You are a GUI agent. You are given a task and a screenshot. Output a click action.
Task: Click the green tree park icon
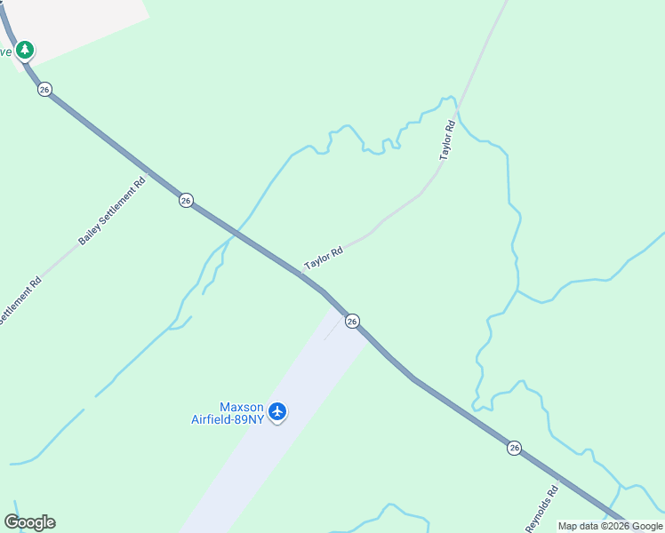coord(26,49)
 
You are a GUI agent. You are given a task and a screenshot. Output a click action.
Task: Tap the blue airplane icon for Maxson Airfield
coord(278,411)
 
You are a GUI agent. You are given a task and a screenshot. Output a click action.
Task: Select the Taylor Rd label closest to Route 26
coord(324,259)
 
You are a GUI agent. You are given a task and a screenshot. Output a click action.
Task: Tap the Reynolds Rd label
coord(542,508)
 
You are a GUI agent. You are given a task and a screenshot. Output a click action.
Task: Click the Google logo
coord(29,522)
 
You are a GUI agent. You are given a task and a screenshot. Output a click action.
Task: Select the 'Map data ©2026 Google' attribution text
coord(610,526)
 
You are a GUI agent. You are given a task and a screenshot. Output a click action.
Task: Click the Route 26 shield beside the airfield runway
coord(352,321)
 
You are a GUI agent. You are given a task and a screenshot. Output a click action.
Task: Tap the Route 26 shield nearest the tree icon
coord(44,89)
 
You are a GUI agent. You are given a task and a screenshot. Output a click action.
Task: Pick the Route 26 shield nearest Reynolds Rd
coord(515,448)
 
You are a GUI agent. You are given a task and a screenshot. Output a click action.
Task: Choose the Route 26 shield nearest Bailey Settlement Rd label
coord(185,201)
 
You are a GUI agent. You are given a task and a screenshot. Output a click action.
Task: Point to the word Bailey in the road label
coord(90,234)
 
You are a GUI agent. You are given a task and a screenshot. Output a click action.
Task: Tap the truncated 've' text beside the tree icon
coord(6,51)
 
